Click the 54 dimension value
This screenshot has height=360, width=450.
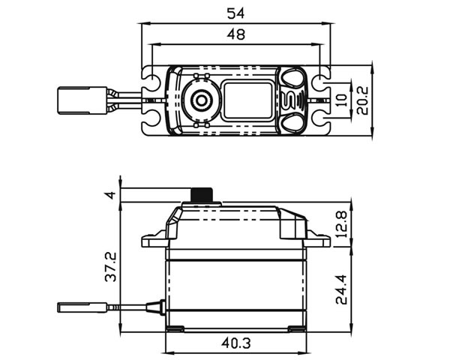235,13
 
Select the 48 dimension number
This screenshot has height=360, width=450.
236,34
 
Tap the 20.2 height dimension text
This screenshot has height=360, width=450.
362,100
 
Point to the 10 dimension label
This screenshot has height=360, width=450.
341,100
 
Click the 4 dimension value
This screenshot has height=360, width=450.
110,195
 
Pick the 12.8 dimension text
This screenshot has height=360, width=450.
341,224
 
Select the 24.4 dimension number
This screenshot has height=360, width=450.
341,289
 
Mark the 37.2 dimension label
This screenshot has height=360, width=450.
111,267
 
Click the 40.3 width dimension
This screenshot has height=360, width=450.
236,343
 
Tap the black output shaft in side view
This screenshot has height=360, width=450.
202,195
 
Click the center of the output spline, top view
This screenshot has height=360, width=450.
202,100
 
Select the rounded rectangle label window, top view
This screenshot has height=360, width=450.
248,100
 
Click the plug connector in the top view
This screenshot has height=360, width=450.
82,100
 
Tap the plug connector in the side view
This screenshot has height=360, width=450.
82,307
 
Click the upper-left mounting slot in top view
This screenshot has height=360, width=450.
151,79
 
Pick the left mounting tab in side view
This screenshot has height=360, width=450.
155,240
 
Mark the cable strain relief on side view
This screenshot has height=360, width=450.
156,307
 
